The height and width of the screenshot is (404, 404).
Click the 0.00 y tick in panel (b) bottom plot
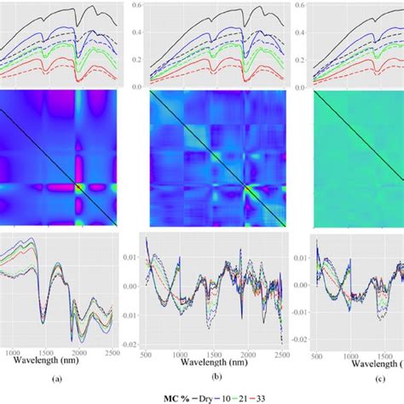coord(134,286)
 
